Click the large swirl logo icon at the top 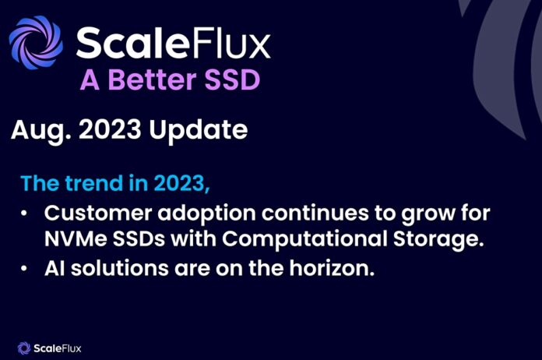pyautogui.click(x=36, y=42)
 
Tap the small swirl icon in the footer pyautogui.click(x=24, y=348)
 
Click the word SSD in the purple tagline pyautogui.click(x=232, y=80)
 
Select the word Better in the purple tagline pyautogui.click(x=152, y=80)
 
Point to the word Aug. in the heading pyautogui.click(x=41, y=131)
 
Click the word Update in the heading pyautogui.click(x=199, y=131)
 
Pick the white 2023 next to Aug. pyautogui.click(x=110, y=129)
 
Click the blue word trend pyautogui.click(x=94, y=183)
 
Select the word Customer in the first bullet pyautogui.click(x=98, y=213)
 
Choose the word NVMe pyautogui.click(x=76, y=238)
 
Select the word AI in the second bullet pyautogui.click(x=55, y=268)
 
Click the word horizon pyautogui.click(x=332, y=268)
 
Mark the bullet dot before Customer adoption pyautogui.click(x=23, y=214)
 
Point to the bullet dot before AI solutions pyautogui.click(x=23, y=268)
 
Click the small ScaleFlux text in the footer pyautogui.click(x=58, y=348)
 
